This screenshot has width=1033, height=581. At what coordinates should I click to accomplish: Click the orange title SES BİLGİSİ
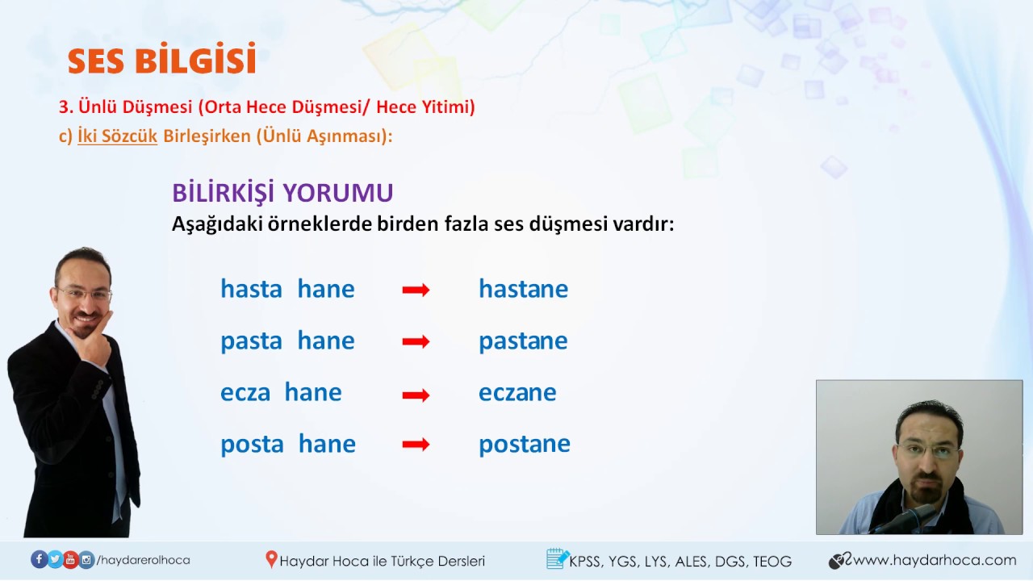pos(161,61)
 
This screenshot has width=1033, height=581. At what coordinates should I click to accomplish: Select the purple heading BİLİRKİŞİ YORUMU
pos(282,193)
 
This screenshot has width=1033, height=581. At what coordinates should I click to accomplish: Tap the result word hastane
pos(523,289)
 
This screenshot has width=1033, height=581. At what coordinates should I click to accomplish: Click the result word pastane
pos(523,341)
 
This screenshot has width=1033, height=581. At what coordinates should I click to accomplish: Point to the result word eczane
pos(517,392)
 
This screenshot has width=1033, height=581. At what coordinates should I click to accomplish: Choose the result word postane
pos(524,444)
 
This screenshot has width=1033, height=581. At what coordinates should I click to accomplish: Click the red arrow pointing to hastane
pos(416,290)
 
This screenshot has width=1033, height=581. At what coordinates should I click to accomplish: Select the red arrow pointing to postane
pos(416,445)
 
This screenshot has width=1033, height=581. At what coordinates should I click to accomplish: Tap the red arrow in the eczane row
pos(416,395)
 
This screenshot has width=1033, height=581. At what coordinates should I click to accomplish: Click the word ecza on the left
pos(245,392)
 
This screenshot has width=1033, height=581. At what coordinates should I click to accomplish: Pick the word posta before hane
pos(252,444)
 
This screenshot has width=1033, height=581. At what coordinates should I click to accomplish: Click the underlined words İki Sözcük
pos(117,136)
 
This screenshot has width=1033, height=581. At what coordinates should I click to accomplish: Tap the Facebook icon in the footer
pos(39,559)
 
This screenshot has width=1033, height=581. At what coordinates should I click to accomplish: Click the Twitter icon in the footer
pos(55,559)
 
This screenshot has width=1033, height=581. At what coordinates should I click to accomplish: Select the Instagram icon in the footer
pos(86,559)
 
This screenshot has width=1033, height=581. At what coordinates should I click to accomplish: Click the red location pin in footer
pos(271,559)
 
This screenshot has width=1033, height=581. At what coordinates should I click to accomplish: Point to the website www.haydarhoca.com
pos(935,560)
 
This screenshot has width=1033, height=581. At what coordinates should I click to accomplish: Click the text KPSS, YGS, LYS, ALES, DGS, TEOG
pos(680,561)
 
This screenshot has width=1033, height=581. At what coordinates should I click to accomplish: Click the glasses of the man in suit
pos(83,294)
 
